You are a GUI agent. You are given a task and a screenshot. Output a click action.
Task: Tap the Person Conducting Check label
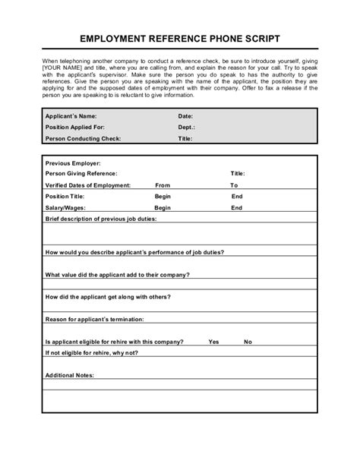coord(84,139)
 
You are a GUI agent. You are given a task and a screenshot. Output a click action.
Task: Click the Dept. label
coord(187,128)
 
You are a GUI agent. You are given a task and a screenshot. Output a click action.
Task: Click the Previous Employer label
coord(73,163)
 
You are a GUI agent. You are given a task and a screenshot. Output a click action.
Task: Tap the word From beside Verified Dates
coord(163,185)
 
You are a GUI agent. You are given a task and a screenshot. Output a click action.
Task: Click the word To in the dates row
coord(234,185)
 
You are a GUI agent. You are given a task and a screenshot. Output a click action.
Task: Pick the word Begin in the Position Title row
coord(163,196)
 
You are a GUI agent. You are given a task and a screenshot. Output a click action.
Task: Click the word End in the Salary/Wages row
coord(237,207)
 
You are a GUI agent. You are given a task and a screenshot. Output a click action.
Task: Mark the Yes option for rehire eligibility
coord(213,342)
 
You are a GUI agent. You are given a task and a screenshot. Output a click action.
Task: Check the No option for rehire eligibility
coord(248,342)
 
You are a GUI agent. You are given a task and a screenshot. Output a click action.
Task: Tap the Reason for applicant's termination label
coord(95,320)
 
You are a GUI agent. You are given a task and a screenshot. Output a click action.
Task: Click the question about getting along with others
coord(108,297)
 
